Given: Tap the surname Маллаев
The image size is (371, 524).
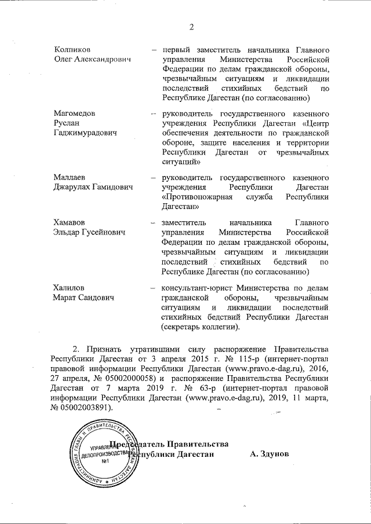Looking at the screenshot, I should point(68,177).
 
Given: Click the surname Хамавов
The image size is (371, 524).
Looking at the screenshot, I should point(68,223).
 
